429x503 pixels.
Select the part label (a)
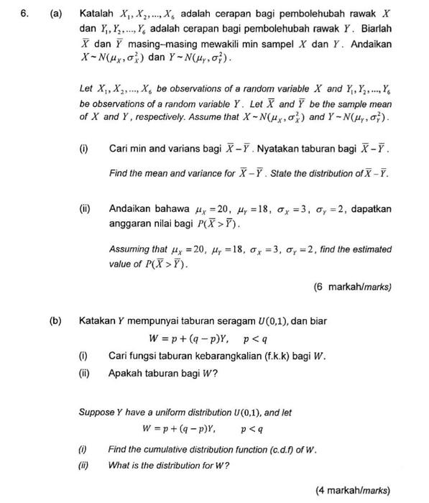pos(55,14)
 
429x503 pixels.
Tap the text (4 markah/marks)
pos(352,491)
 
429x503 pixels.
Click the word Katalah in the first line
pos(98,14)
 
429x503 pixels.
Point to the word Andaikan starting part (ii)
pos(132,208)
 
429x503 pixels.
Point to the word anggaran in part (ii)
pos(131,223)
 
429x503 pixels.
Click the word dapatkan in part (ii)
pos(369,208)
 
